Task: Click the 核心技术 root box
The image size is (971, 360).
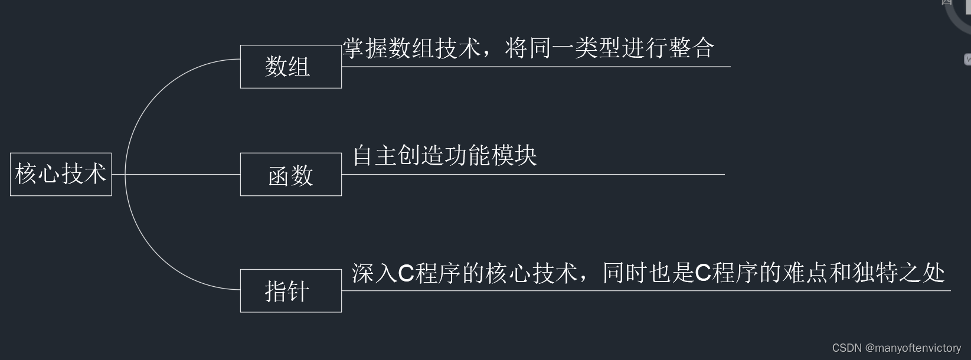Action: [x=61, y=174]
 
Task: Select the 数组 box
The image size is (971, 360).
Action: [x=290, y=67]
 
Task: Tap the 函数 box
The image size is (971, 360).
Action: [x=290, y=175]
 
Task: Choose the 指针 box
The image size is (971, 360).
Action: [x=290, y=291]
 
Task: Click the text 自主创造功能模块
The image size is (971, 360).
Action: [x=444, y=156]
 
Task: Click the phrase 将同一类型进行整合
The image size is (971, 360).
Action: [x=609, y=48]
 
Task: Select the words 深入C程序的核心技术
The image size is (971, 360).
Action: [x=464, y=273]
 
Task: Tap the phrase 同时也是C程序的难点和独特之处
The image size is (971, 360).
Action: [x=773, y=273]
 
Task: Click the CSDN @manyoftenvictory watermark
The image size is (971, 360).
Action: [x=896, y=348]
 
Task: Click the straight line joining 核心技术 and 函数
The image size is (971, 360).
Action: [x=177, y=175]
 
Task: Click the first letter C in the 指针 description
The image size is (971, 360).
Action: [x=406, y=274]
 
